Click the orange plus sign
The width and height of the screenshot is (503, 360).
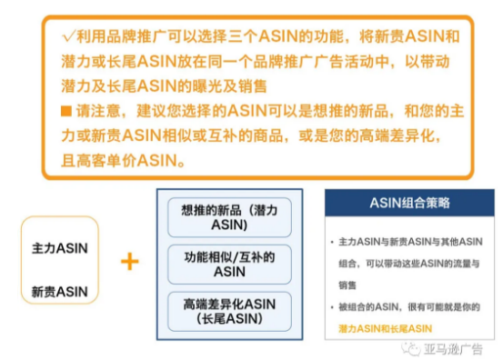(129, 262)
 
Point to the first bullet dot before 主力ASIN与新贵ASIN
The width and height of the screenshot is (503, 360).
(333, 241)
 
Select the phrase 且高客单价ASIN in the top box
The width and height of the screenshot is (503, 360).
(125, 160)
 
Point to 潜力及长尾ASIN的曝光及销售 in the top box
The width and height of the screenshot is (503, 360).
(151, 86)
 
